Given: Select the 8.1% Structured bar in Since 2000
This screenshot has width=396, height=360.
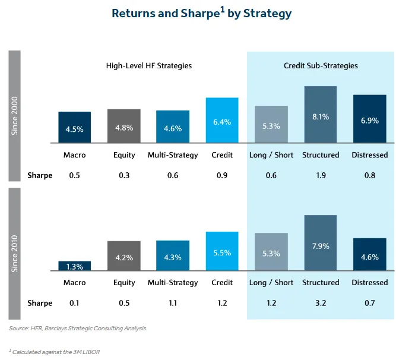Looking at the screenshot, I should click(321, 115).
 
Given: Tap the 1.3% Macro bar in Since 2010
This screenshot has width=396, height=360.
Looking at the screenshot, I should click(75, 266).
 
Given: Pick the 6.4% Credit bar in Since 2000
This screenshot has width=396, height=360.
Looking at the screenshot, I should click(222, 121).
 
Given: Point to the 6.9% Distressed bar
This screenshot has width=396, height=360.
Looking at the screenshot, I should click(370, 119).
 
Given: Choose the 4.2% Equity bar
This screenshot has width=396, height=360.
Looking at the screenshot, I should click(123, 256).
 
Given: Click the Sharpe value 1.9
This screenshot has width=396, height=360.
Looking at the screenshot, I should click(321, 175).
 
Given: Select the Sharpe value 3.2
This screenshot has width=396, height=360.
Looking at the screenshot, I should click(321, 303).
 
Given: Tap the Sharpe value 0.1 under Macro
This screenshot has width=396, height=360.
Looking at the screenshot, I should click(75, 303).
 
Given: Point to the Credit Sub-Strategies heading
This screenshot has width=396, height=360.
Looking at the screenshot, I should click(321, 65).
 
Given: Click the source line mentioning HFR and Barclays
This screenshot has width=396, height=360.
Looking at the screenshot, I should click(77, 328).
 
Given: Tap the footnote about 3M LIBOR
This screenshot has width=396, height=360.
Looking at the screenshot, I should click(54, 352).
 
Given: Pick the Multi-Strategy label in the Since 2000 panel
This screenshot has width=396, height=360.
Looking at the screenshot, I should click(173, 155).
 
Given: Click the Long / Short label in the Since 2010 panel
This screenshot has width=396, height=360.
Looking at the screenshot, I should click(271, 283).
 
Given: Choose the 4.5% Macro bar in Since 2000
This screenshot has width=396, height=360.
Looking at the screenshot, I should click(75, 127).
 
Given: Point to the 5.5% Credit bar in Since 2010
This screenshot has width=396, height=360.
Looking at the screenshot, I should click(222, 251).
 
